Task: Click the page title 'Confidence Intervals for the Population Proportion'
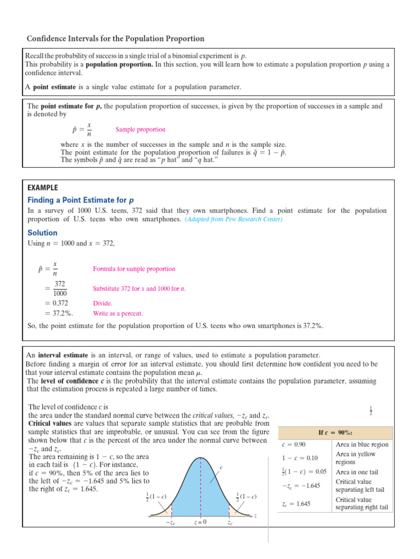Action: pos(115,39)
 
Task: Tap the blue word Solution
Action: pos(42,233)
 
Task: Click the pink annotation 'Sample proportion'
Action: pos(140,130)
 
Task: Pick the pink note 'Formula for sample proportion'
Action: pos(134,269)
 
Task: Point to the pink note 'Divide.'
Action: pos(103,303)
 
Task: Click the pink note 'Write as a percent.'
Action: pos(118,314)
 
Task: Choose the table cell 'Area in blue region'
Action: pos(362,444)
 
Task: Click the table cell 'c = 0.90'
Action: pos(293,444)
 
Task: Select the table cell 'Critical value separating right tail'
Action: pos(362,503)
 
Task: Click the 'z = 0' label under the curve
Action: pos(200,522)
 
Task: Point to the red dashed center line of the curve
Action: pos(201,486)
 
